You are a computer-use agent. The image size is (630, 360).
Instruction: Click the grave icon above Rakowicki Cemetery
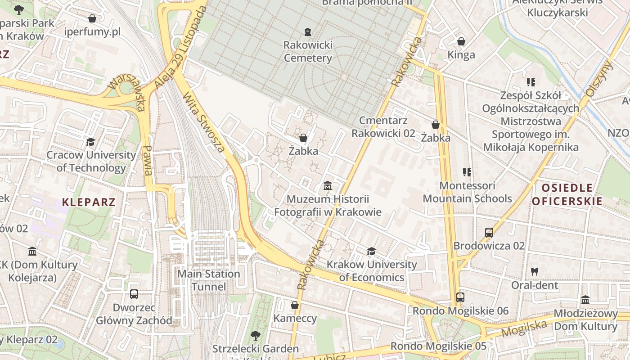click(x=307, y=31)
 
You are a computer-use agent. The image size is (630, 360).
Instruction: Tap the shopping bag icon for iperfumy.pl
click(x=92, y=18)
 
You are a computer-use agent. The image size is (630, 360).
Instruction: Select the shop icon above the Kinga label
click(x=461, y=41)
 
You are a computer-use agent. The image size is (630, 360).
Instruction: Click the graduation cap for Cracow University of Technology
click(x=91, y=142)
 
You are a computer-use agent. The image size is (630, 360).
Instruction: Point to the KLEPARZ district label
click(x=89, y=202)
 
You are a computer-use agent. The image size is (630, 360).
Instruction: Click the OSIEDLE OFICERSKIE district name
click(x=567, y=194)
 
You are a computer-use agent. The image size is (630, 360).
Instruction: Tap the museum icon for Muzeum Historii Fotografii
click(x=328, y=185)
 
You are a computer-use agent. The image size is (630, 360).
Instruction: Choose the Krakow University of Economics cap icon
click(x=371, y=251)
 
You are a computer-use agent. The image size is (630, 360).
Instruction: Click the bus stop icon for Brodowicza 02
click(x=489, y=233)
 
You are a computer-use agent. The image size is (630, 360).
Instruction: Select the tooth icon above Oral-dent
click(x=535, y=271)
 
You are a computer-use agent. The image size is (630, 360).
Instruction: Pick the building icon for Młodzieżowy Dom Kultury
click(x=585, y=300)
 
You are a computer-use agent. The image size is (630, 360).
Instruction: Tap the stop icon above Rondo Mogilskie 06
click(x=460, y=297)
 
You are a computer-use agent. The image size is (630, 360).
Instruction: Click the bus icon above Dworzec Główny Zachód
click(x=134, y=294)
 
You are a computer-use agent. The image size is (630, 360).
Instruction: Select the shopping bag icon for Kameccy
click(x=295, y=305)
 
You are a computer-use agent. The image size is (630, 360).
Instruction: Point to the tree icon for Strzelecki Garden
click(x=255, y=335)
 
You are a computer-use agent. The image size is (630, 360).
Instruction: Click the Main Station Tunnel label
click(x=209, y=280)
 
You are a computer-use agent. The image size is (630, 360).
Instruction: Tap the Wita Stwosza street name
click(x=204, y=122)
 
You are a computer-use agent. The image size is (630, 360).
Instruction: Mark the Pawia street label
click(x=147, y=161)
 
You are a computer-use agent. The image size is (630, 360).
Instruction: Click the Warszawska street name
click(x=127, y=92)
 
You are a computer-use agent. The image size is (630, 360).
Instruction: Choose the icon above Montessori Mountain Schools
click(x=467, y=172)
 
